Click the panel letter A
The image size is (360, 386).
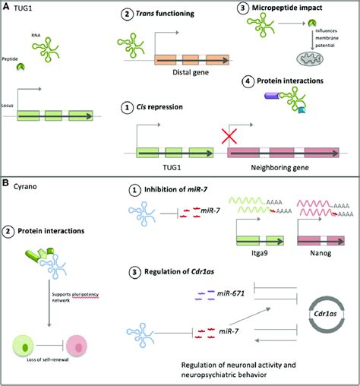coord(6,6)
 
